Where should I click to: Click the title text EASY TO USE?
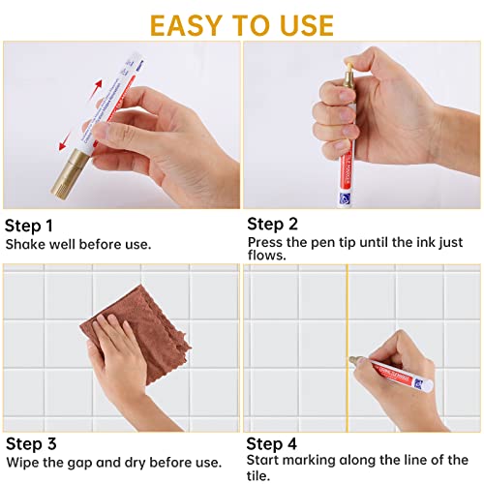coord(241,23)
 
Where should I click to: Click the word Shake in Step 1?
coord(25,244)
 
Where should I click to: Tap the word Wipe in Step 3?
coord(23,462)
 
